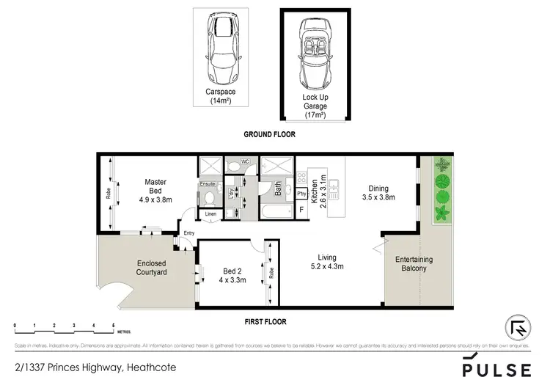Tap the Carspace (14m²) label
(x=220, y=96)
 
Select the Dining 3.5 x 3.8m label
(x=378, y=192)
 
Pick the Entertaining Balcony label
(x=414, y=264)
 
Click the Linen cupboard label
(x=211, y=214)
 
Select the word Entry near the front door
(x=190, y=234)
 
